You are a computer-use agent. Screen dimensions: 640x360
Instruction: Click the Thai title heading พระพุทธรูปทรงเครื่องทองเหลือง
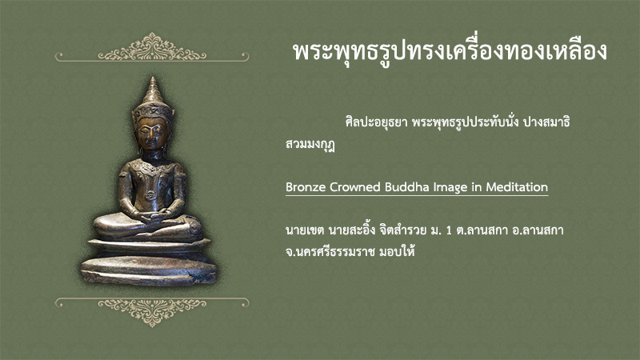click(450, 52)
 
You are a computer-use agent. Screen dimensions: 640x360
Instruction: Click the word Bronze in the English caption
click(306, 187)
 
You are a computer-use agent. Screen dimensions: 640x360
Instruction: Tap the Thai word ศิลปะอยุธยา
click(376, 122)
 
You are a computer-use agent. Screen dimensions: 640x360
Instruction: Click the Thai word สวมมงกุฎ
click(310, 145)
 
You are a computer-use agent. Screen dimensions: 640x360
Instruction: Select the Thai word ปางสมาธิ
click(546, 122)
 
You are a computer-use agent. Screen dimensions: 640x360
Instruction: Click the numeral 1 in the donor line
click(449, 230)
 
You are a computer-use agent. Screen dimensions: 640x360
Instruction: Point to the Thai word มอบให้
click(397, 251)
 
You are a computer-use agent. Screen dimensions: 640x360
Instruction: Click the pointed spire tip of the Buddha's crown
click(153, 78)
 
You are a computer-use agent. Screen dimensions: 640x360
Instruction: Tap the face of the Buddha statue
click(151, 134)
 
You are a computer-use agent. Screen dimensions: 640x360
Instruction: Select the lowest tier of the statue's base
click(149, 270)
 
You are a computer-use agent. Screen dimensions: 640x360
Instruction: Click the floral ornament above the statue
click(152, 47)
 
